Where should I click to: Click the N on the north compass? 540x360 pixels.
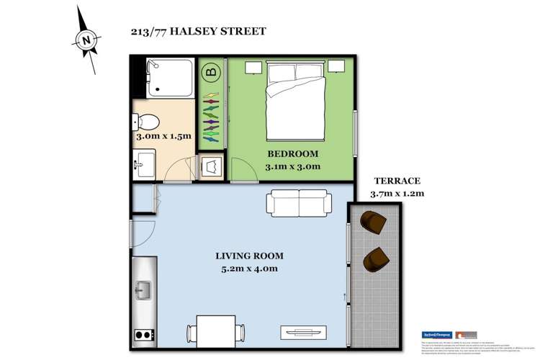pyautogui.click(x=86, y=40)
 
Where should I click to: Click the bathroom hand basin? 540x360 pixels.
pyautogui.click(x=143, y=166)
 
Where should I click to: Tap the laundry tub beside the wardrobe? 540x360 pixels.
pyautogui.click(x=212, y=167)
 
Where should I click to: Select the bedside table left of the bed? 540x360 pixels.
pyautogui.click(x=252, y=67)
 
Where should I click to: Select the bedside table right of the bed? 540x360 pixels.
pyautogui.click(x=336, y=67)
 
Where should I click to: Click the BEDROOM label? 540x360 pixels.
pyautogui.click(x=292, y=154)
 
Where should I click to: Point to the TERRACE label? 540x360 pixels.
pyautogui.click(x=397, y=181)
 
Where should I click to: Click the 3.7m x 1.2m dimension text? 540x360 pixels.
pyautogui.click(x=397, y=193)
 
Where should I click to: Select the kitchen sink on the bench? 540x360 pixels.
pyautogui.click(x=143, y=291)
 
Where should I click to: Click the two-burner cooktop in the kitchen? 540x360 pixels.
pyautogui.click(x=143, y=334)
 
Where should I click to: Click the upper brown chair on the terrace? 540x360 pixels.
pyautogui.click(x=374, y=222)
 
